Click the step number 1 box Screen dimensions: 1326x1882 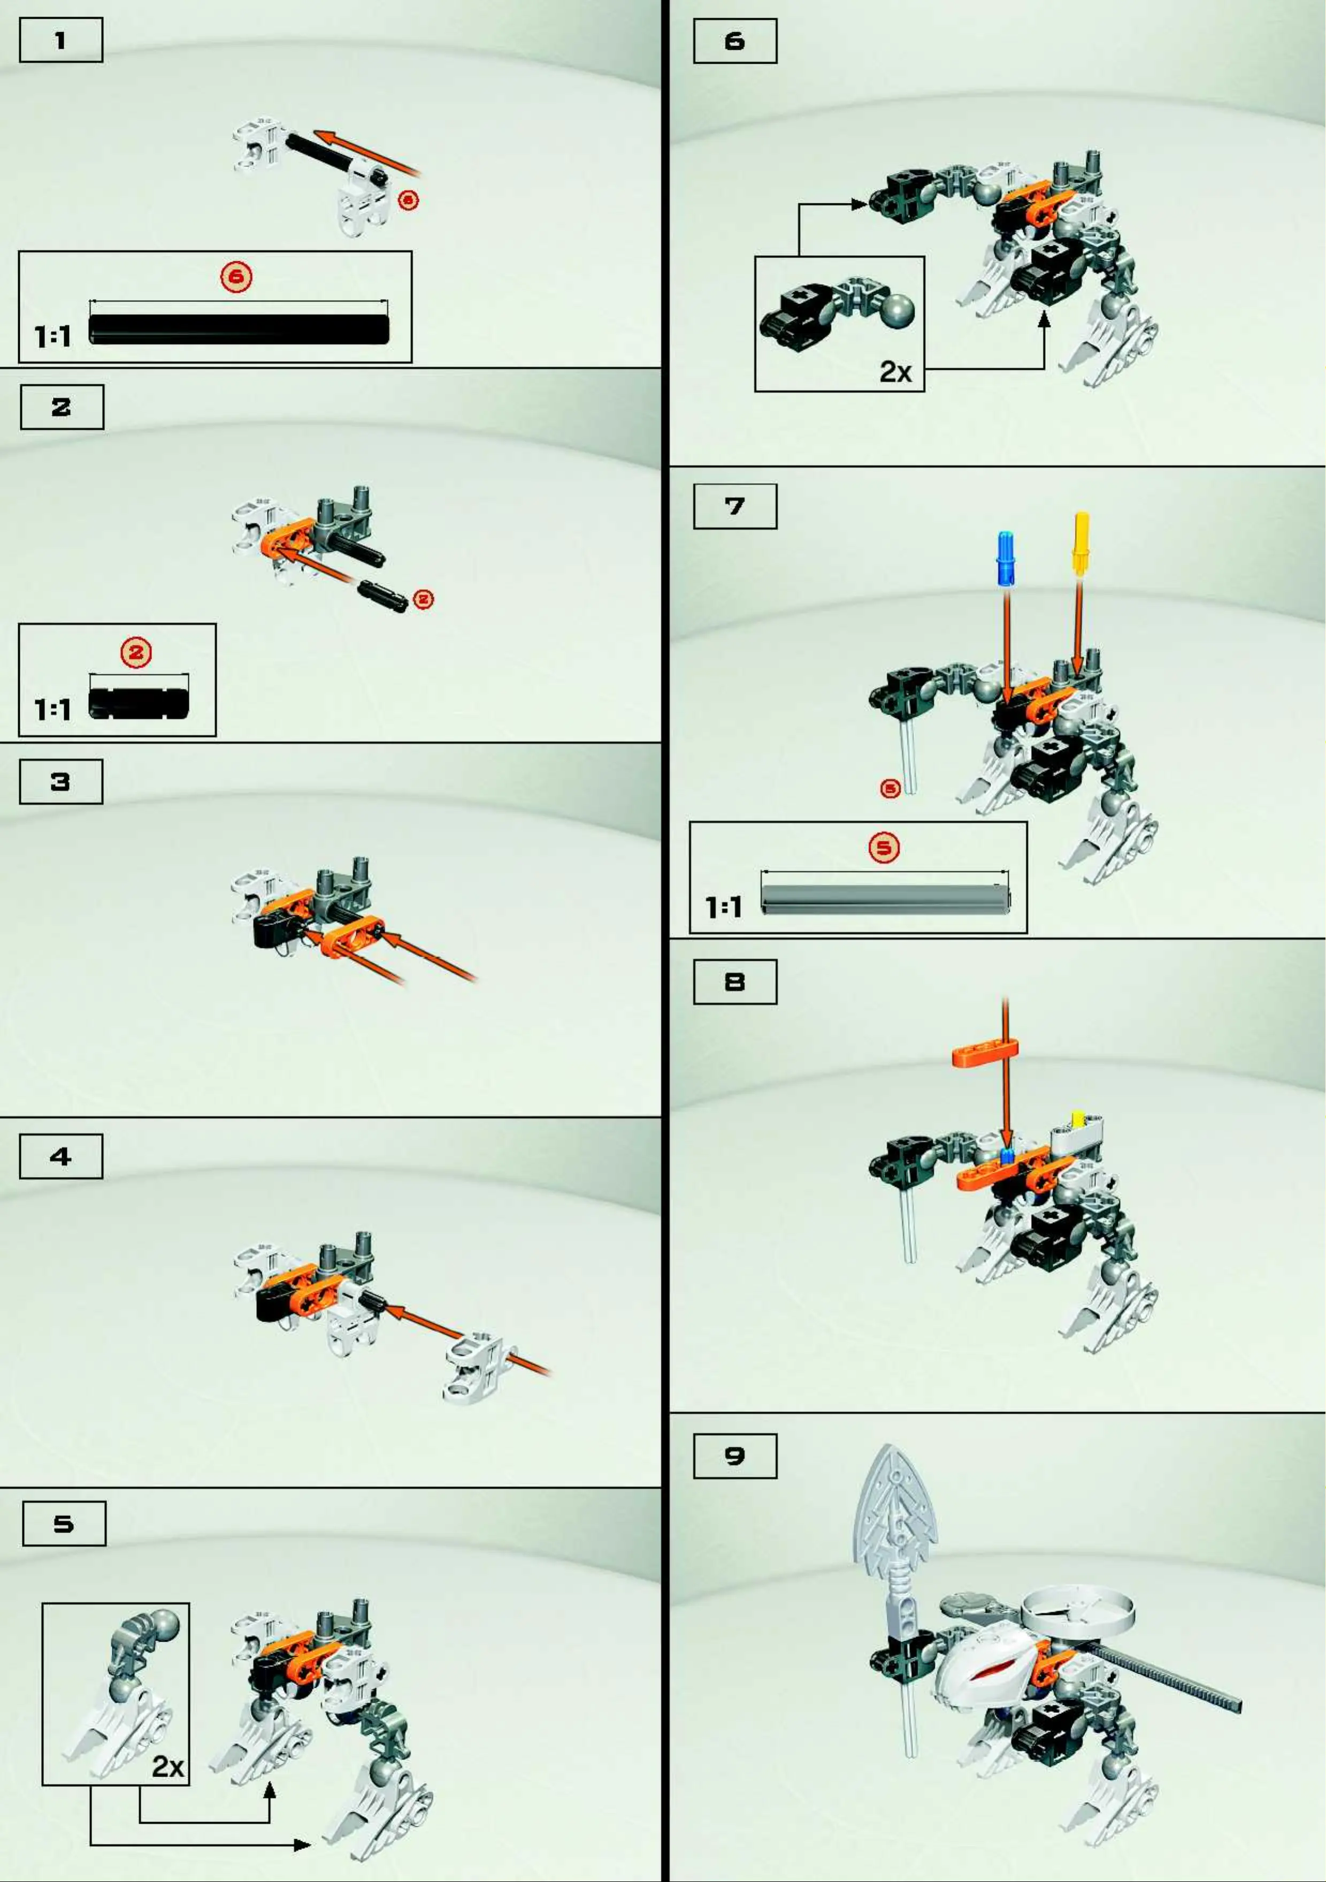(60, 40)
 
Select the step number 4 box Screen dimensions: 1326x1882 (60, 1156)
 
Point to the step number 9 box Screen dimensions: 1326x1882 (735, 1456)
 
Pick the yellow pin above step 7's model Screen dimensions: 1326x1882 (1081, 542)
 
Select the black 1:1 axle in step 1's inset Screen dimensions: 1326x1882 (239, 329)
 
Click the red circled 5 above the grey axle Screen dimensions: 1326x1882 (884, 848)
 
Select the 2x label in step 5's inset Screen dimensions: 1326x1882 (167, 1765)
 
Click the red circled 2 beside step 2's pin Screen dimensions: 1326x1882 (423, 599)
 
